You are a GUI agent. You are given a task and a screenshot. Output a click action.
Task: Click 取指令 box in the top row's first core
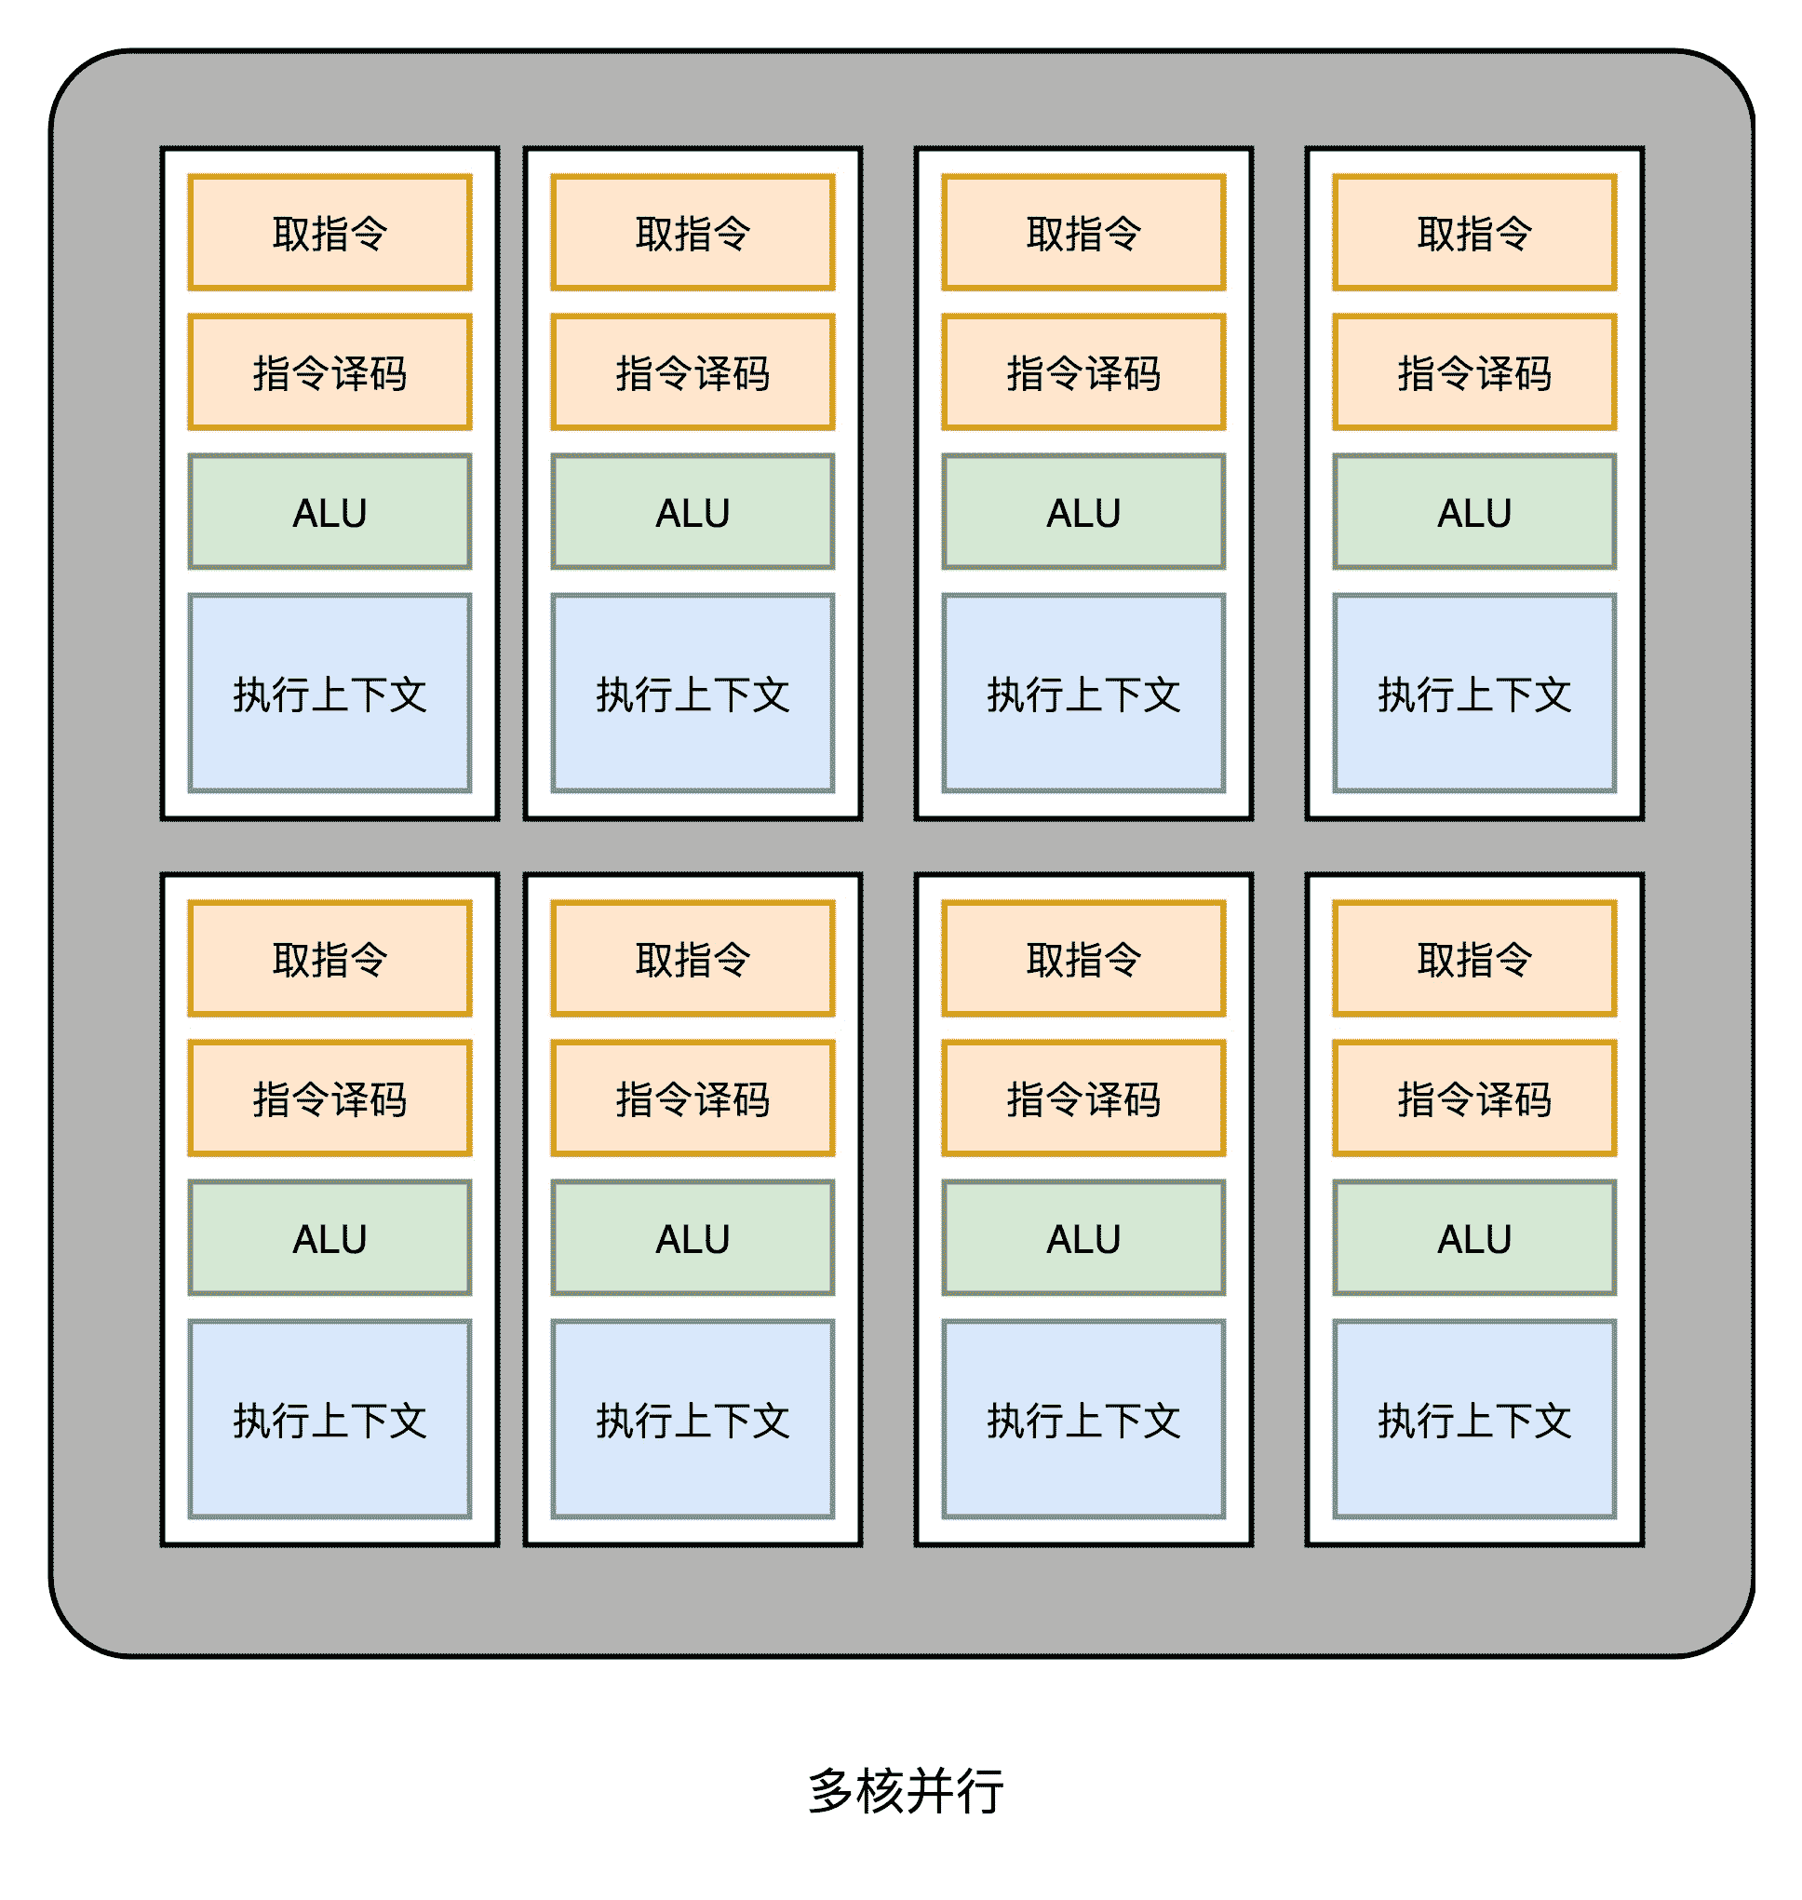click(x=329, y=233)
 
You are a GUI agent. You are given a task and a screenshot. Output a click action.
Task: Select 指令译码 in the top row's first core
click(x=329, y=371)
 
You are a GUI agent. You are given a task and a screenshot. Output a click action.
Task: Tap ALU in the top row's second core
click(x=693, y=512)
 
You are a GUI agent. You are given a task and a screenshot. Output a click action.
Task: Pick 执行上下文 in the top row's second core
click(x=693, y=694)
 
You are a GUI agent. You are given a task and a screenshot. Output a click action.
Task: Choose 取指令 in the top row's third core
click(x=1083, y=233)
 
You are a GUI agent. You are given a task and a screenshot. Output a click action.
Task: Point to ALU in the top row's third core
click(x=1083, y=512)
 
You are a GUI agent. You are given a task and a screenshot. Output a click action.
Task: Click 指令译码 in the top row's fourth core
click(x=1474, y=371)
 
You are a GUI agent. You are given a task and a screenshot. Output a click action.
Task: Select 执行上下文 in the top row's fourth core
click(x=1474, y=694)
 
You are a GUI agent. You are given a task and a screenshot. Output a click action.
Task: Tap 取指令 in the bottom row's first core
click(x=329, y=959)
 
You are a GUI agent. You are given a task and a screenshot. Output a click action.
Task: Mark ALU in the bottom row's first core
click(x=329, y=1238)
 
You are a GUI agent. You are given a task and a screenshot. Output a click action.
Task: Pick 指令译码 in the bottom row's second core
click(x=693, y=1098)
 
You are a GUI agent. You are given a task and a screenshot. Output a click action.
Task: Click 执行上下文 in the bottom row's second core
click(x=693, y=1420)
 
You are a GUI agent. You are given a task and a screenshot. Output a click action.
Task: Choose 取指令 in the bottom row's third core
click(x=1083, y=959)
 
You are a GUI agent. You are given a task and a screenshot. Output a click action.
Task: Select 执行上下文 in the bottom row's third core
click(x=1083, y=1420)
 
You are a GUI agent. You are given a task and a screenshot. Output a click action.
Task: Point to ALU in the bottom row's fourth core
click(x=1474, y=1238)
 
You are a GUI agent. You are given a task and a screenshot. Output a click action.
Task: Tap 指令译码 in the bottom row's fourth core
click(x=1474, y=1098)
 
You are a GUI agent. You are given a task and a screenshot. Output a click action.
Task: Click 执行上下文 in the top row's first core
click(x=329, y=694)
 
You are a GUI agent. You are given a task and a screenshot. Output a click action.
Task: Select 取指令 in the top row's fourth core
click(x=1474, y=233)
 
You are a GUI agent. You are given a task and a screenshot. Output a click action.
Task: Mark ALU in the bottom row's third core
click(x=1083, y=1238)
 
